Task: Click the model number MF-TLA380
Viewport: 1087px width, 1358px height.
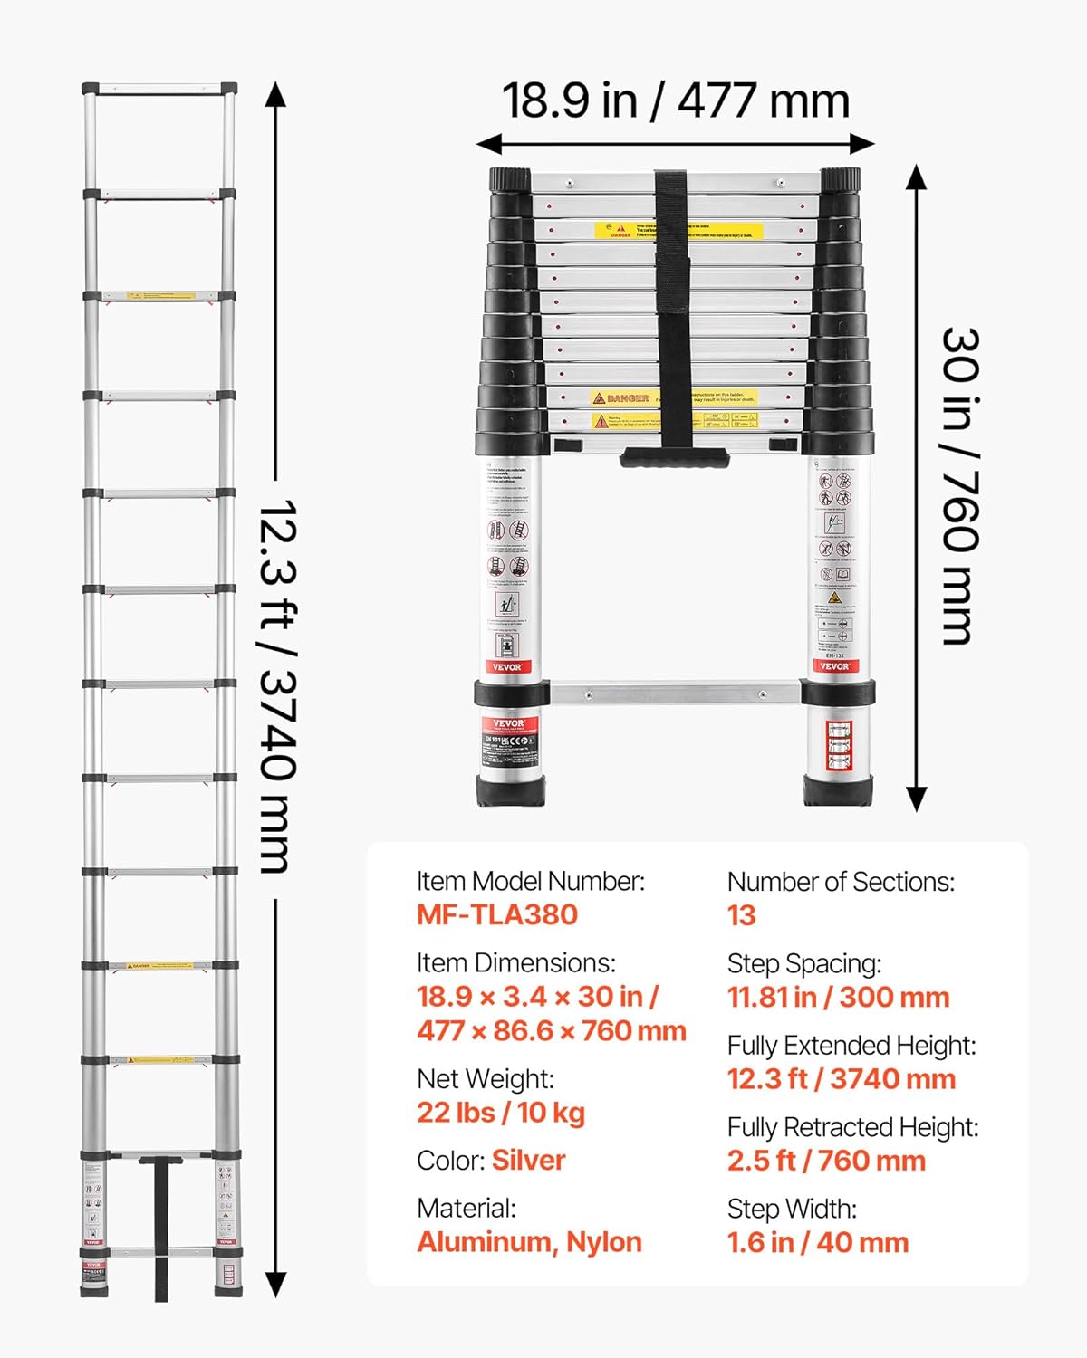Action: click(496, 914)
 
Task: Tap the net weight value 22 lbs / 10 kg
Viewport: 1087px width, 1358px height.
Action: click(500, 1112)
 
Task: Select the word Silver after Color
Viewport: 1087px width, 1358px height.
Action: click(528, 1160)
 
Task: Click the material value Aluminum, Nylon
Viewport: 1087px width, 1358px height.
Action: click(529, 1242)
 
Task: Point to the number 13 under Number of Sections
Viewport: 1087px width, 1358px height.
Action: click(741, 915)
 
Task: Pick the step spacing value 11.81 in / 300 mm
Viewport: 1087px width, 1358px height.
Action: click(838, 997)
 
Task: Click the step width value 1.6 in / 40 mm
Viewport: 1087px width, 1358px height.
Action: click(817, 1242)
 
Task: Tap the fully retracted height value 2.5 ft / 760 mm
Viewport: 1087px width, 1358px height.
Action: click(826, 1161)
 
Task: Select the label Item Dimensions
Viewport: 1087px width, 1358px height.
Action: click(515, 962)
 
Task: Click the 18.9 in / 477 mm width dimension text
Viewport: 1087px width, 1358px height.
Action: click(676, 100)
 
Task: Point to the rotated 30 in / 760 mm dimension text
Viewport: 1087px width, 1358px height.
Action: click(960, 486)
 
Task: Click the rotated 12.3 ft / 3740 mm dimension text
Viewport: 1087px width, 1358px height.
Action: click(277, 685)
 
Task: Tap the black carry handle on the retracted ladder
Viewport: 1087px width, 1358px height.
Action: click(674, 457)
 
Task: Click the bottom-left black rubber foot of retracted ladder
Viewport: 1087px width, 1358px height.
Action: click(512, 790)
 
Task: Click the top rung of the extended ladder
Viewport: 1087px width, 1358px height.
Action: click(159, 90)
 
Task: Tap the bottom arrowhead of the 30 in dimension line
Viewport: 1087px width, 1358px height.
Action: click(917, 800)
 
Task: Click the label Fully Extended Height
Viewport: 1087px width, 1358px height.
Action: click(851, 1046)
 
